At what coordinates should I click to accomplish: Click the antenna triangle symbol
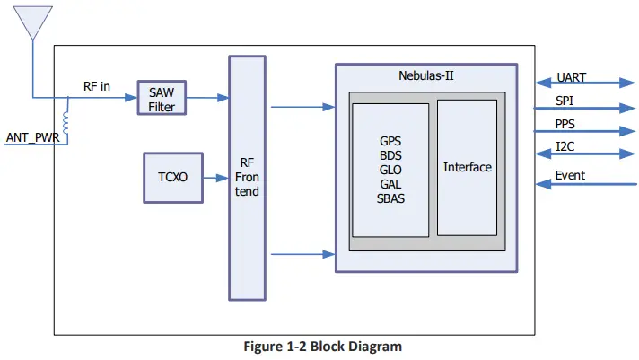[33, 23]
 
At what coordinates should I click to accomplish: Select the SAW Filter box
[162, 98]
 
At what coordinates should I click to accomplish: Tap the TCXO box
[172, 177]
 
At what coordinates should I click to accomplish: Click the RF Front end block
[248, 178]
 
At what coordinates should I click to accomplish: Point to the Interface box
[467, 168]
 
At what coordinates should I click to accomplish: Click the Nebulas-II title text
[426, 75]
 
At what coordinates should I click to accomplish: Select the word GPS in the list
[390, 141]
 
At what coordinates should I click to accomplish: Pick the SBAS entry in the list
[390, 198]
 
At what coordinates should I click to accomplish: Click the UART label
[572, 77]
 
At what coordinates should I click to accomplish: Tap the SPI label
[565, 101]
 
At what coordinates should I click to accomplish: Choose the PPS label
[565, 124]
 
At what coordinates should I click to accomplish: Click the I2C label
[565, 146]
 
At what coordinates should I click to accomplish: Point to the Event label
[570, 175]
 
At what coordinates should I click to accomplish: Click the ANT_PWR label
[32, 137]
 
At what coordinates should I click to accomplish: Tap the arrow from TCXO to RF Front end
[214, 178]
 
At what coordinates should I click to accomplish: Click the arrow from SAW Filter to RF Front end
[207, 98]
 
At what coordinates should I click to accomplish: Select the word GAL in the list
[390, 184]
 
